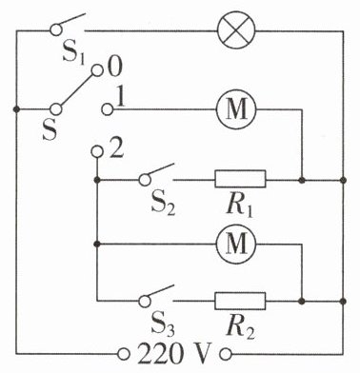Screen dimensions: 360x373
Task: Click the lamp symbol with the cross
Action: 236,30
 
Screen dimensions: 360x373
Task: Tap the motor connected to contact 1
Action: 236,109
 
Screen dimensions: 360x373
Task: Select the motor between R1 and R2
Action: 236,244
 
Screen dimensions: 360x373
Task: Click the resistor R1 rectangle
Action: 240,179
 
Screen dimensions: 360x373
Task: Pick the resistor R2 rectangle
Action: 240,301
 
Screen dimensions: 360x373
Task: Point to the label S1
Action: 73,54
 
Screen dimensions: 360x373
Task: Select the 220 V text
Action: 174,353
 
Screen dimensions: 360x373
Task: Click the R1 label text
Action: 240,206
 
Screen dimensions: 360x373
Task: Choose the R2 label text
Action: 240,328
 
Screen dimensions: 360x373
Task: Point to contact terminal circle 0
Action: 97,70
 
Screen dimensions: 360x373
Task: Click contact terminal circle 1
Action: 108,109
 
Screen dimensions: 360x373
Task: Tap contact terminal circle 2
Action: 97,152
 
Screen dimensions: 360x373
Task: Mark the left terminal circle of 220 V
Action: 124,354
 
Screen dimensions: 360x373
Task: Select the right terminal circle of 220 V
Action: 226,354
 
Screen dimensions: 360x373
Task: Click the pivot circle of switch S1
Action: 56,30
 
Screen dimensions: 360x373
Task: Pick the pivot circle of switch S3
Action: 145,301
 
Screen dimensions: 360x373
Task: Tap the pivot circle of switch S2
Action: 145,180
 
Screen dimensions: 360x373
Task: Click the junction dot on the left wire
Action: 16,109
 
